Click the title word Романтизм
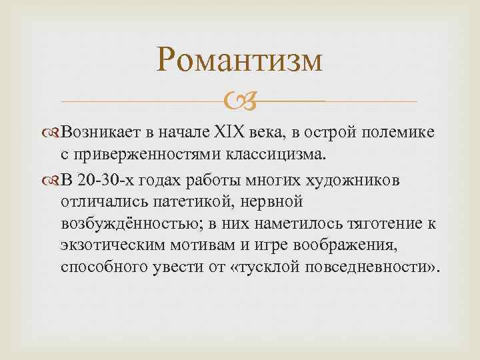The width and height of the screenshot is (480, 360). pyautogui.click(x=240, y=61)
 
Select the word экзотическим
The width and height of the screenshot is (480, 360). pyautogui.click(x=121, y=246)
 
